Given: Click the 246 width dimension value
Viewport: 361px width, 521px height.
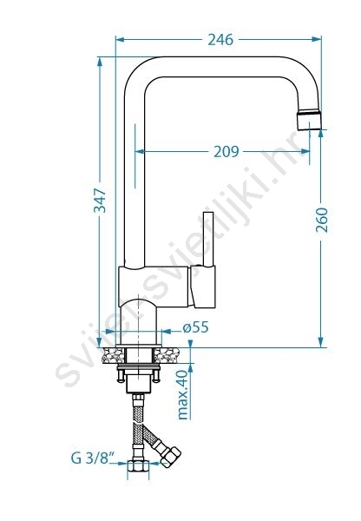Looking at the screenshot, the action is coord(220,40).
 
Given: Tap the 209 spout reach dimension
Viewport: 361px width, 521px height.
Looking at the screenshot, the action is coord(226,151).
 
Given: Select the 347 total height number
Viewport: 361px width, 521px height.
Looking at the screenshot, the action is coord(100,201).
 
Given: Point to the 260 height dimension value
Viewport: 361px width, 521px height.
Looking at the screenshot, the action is coord(321,220).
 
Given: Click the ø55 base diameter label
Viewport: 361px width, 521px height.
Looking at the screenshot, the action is coord(195,327).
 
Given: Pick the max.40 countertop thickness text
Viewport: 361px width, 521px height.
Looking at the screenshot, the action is coord(183,395).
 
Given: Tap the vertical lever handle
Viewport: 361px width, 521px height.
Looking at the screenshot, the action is coord(208,239).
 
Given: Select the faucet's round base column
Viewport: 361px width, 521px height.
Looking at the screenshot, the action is coord(139,321).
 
